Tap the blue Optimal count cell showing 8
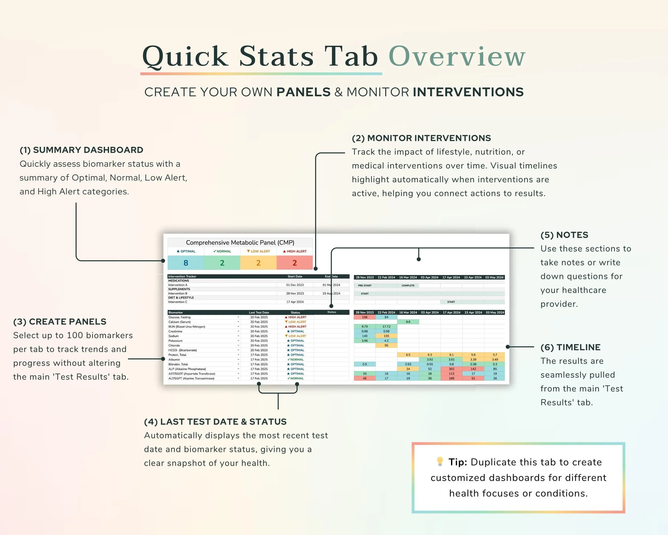pyautogui.click(x=186, y=263)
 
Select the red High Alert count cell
pyautogui.click(x=294, y=263)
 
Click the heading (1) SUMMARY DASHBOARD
pyautogui.click(x=81, y=150)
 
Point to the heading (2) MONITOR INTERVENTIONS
pyautogui.click(x=421, y=138)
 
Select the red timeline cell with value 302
pyautogui.click(x=451, y=369)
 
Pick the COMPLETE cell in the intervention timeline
pyautogui.click(x=408, y=285)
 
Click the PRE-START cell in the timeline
pyautogui.click(x=365, y=285)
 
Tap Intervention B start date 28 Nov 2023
pyautogui.click(x=295, y=293)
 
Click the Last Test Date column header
pyautogui.click(x=259, y=313)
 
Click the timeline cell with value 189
pyautogui.click(x=451, y=378)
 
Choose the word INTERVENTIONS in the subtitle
pyautogui.click(x=468, y=92)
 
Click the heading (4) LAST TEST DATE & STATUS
pyautogui.click(x=215, y=422)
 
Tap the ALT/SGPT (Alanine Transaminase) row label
pyautogui.click(x=191, y=378)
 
